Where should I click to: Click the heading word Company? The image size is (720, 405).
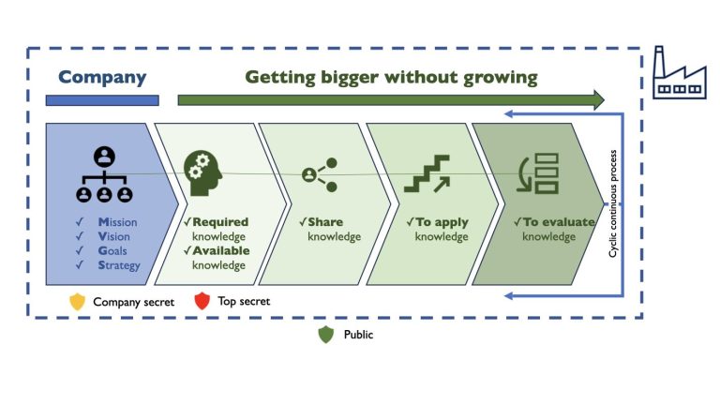[102, 77]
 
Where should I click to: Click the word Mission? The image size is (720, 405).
[117, 222]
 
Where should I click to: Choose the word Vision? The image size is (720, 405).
[114, 236]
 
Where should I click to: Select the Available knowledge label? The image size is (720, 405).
[217, 258]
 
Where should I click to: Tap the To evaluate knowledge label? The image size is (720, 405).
[553, 230]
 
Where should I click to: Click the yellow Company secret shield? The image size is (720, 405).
[78, 302]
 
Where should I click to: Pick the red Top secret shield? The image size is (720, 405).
[201, 302]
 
